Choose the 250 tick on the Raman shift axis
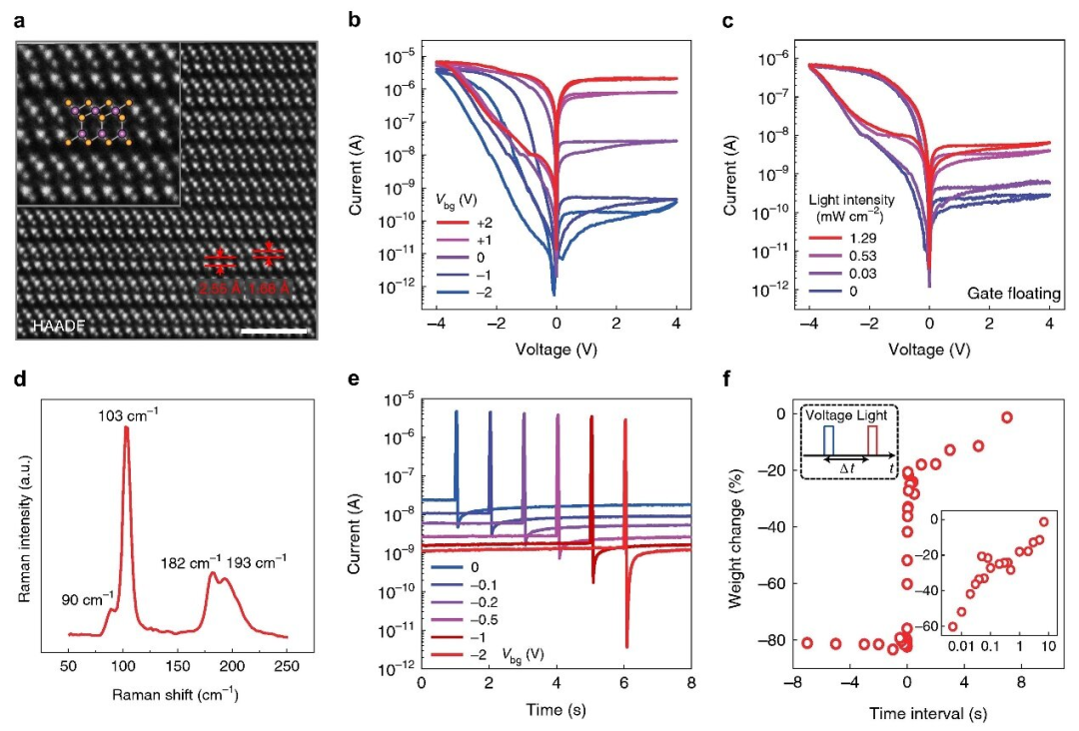tap(288, 663)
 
